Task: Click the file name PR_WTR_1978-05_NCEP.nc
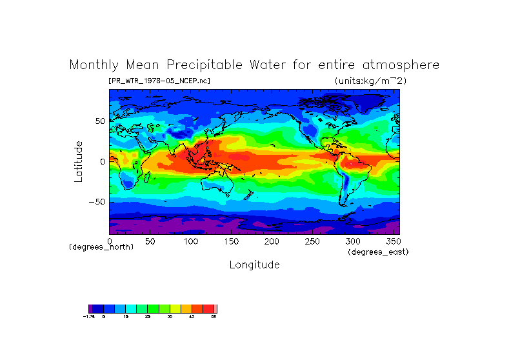click(x=159, y=81)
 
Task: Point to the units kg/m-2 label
click(x=370, y=81)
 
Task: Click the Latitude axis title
click(x=79, y=161)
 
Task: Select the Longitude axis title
click(x=254, y=265)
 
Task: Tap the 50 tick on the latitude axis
click(x=99, y=121)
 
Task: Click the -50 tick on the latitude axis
click(x=97, y=201)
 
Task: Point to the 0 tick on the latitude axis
click(x=102, y=161)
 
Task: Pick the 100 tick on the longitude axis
click(x=190, y=241)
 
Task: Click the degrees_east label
click(x=378, y=252)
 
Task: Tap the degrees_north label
click(x=101, y=247)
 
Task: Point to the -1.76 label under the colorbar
click(x=90, y=317)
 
